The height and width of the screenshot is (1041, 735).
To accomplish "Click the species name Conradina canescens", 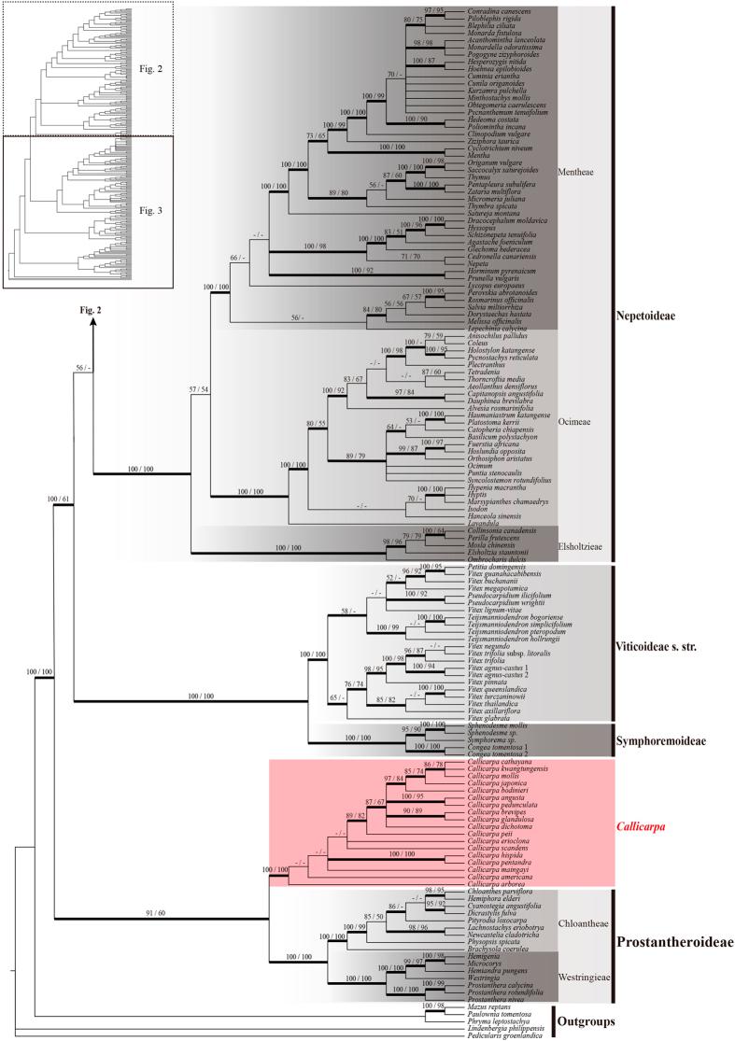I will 492,11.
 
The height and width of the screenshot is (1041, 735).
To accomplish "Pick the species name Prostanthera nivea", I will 492,998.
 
